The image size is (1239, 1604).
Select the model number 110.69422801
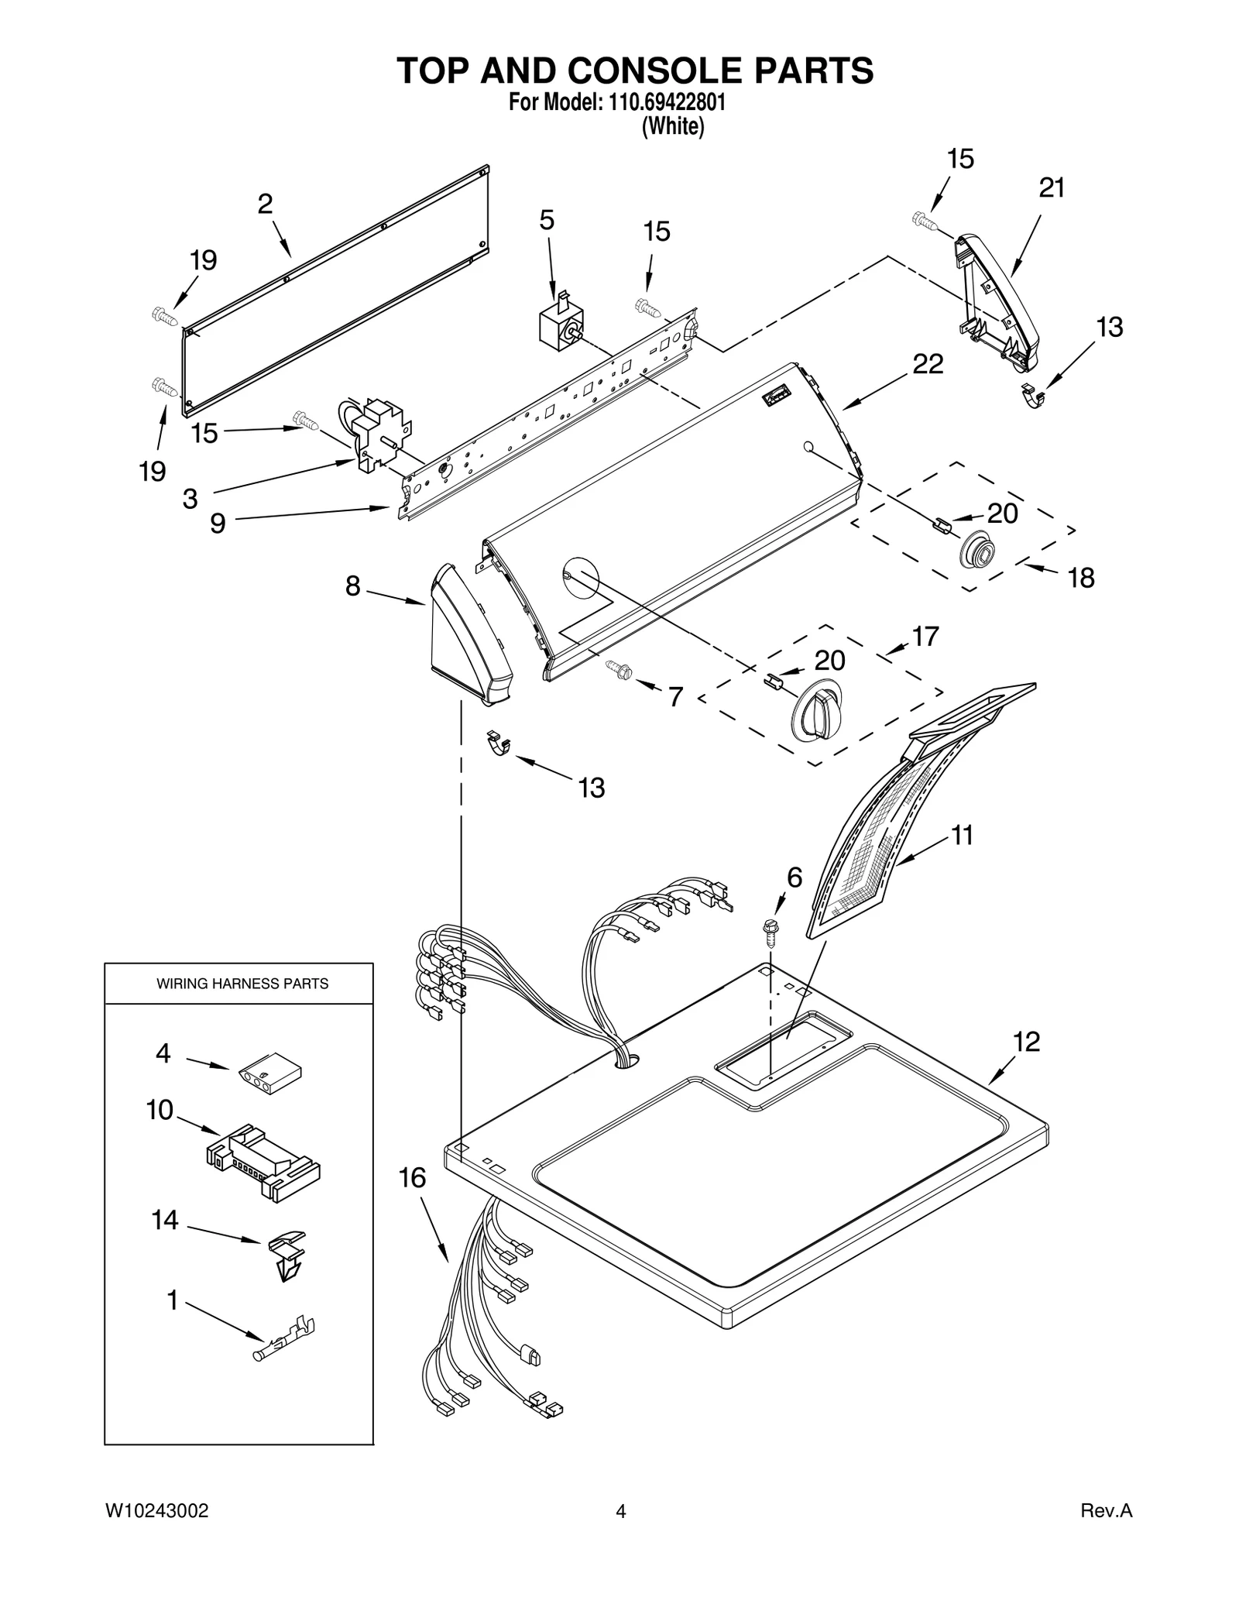(663, 103)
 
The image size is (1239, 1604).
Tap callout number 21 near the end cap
(1051, 188)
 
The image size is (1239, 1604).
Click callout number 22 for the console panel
(928, 364)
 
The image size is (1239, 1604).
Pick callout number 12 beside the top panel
(1026, 1042)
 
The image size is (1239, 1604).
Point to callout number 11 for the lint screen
(962, 835)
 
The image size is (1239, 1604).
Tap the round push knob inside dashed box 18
(976, 551)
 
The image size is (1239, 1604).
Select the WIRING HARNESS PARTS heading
(242, 984)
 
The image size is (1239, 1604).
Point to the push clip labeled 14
(287, 1255)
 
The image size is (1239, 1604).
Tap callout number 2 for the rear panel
(265, 204)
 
